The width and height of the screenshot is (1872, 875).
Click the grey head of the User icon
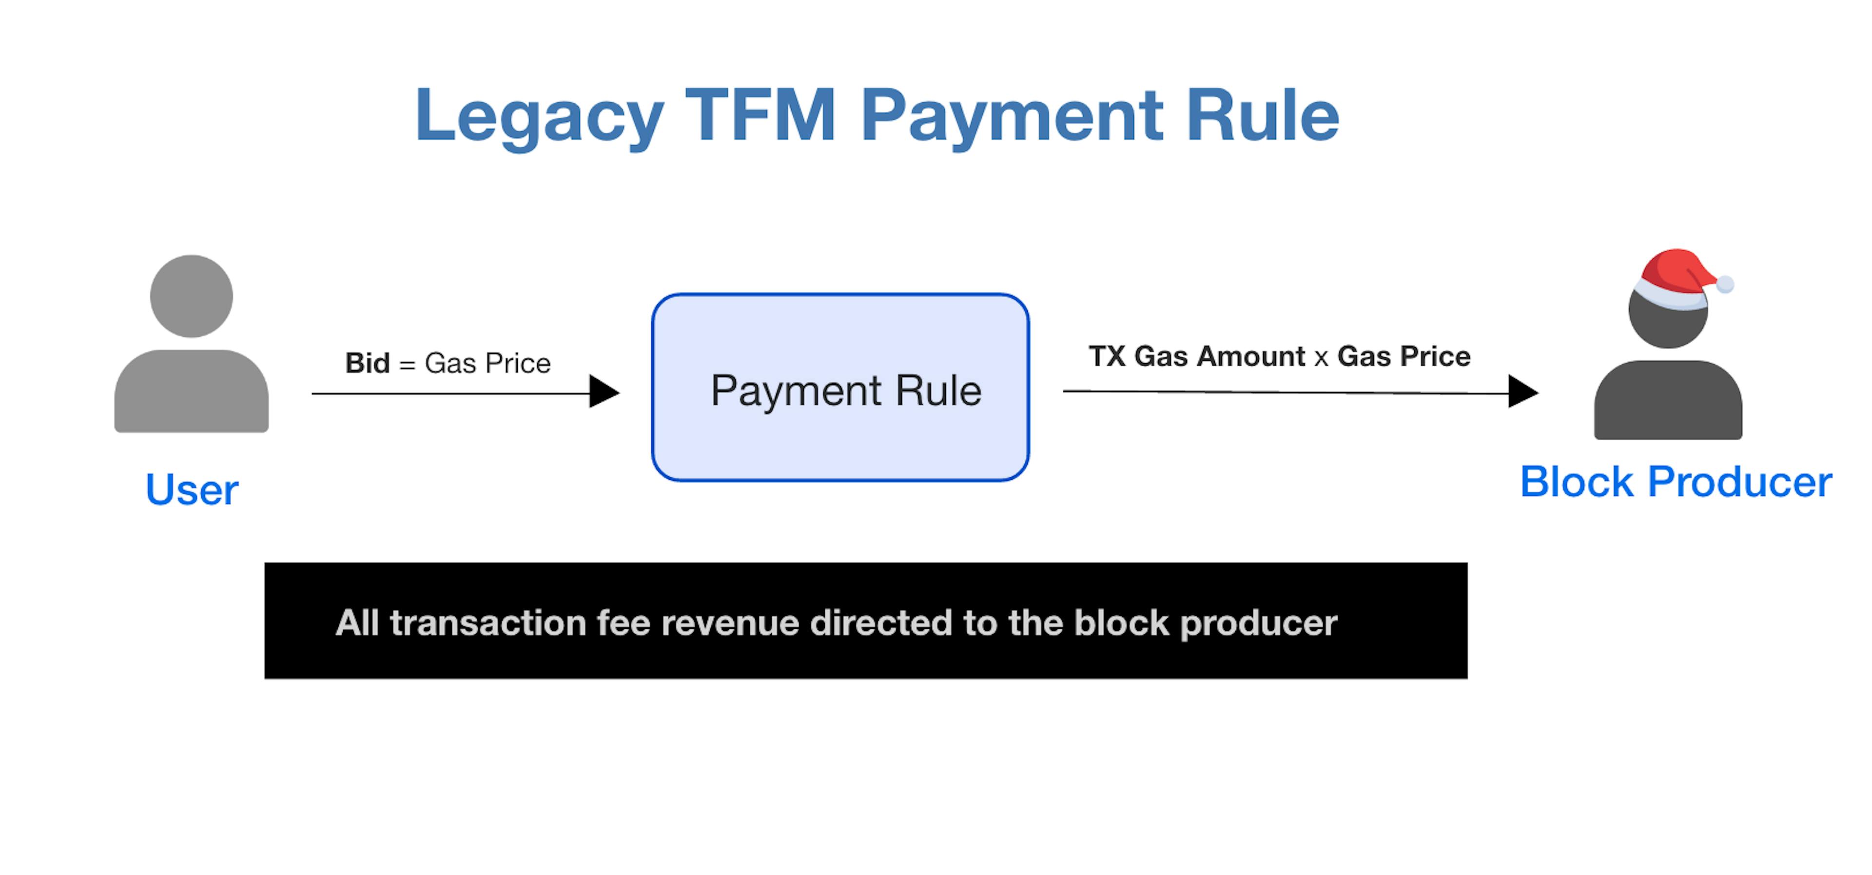pos(191,296)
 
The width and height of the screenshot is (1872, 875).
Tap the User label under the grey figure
pos(192,489)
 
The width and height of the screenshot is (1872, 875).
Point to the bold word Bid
pos(367,363)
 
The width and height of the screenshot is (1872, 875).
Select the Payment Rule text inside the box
pos(846,391)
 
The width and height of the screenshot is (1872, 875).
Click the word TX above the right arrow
pos(1107,356)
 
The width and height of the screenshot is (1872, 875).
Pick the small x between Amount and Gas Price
pos(1321,358)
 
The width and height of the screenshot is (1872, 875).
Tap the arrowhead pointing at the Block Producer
pos(1523,392)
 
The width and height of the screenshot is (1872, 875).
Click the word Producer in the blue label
pos(1740,482)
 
